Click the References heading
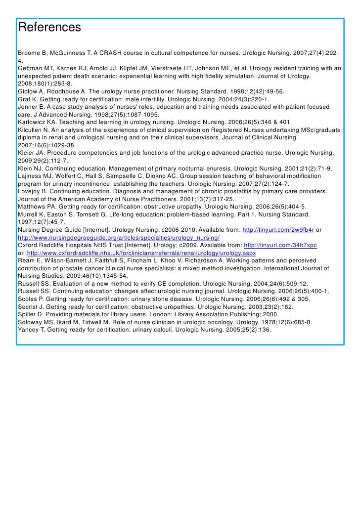click(x=49, y=28)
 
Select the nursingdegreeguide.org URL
click(x=119, y=238)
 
